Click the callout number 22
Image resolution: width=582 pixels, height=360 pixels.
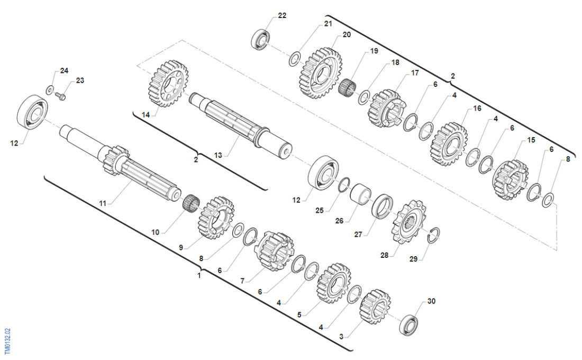tap(282, 15)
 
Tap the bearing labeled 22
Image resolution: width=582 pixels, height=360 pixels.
tap(261, 39)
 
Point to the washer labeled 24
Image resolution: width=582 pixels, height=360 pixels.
tap(50, 89)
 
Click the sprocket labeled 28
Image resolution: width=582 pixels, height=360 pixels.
tap(409, 222)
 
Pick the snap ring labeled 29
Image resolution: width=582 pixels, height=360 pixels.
tap(433, 236)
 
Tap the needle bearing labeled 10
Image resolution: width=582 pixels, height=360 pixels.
tap(192, 202)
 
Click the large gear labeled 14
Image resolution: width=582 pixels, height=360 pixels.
tap(168, 84)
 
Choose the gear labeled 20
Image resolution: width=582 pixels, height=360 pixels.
tap(321, 73)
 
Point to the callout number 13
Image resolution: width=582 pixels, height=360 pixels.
tap(218, 155)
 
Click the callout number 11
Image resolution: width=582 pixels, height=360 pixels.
tap(103, 203)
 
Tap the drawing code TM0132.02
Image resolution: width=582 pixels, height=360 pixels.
tap(8, 341)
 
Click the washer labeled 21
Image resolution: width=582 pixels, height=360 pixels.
tap(294, 59)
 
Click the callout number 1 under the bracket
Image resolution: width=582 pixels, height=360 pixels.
tap(199, 276)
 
